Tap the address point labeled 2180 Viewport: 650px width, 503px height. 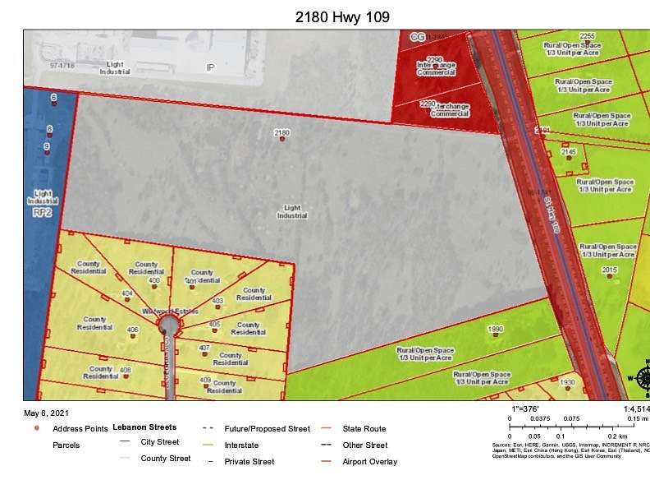pos(282,139)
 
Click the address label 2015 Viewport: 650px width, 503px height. pos(609,270)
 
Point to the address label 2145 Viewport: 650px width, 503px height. pos(569,152)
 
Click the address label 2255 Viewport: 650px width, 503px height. pos(587,36)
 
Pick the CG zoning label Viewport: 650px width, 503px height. pos(418,37)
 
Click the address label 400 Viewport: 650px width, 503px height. pos(153,280)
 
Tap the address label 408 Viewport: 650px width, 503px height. pos(126,370)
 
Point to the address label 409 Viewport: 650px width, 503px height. pos(205,379)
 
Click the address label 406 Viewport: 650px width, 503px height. pos(133,329)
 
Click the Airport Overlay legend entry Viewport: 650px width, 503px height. pos(369,462)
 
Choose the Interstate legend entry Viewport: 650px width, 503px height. pos(241,445)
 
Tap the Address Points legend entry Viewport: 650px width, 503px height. pos(80,429)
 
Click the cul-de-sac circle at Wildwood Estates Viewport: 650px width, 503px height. pos(169,326)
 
